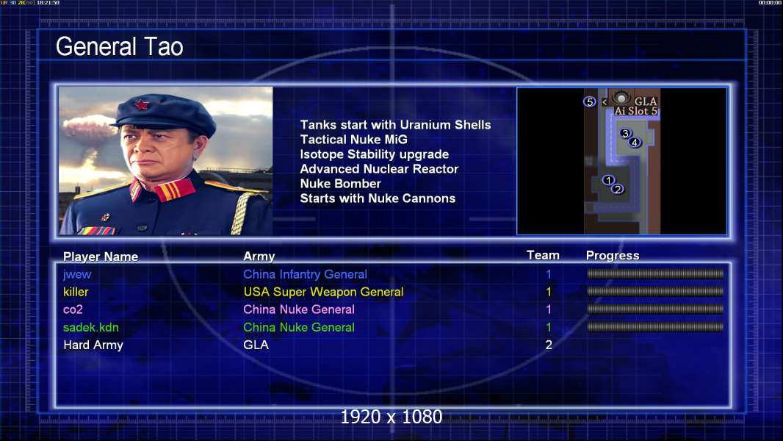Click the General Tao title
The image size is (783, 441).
pos(119,47)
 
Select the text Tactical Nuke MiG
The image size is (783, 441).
pos(353,140)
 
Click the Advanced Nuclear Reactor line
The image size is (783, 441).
pos(379,169)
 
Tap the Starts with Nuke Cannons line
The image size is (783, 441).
pos(378,198)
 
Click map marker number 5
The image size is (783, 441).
pos(590,102)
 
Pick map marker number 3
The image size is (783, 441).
pos(624,133)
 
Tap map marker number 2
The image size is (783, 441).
pos(618,189)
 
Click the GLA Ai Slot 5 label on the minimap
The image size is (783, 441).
pos(636,106)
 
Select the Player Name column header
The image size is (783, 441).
pos(101,257)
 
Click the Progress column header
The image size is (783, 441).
pos(612,255)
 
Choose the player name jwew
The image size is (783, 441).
pos(77,274)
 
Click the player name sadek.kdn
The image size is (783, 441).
pos(91,327)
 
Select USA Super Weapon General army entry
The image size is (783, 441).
pos(323,292)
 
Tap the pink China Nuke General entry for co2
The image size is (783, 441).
pos(299,309)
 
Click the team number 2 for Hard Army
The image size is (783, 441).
pos(549,345)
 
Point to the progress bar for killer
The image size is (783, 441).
pos(655,291)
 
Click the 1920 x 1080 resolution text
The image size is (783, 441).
pos(391,417)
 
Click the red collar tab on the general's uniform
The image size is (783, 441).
pos(174,190)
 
